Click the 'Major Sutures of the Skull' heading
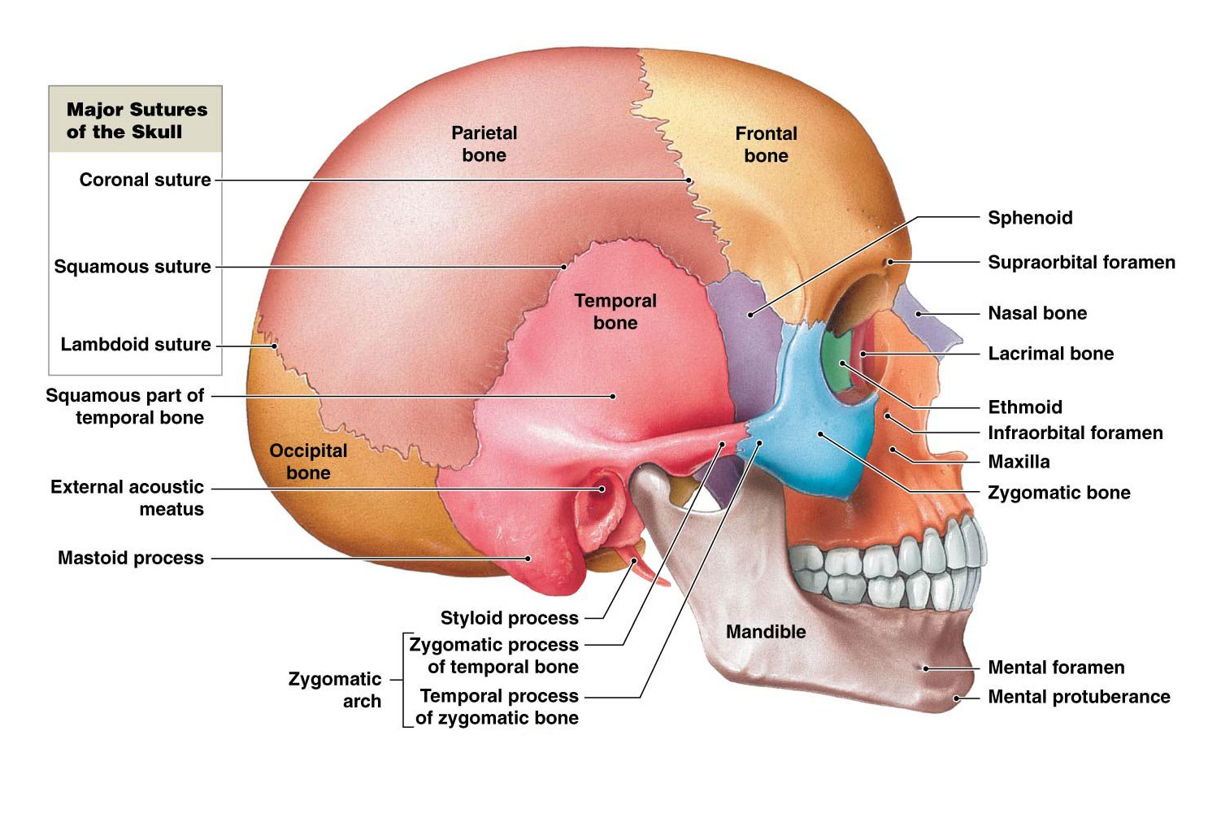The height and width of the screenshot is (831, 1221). pyautogui.click(x=137, y=120)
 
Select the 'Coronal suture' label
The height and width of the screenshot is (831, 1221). pyautogui.click(x=145, y=180)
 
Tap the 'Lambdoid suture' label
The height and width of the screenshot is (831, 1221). pyautogui.click(x=136, y=345)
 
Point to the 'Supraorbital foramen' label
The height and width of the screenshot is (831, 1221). pyautogui.click(x=1081, y=262)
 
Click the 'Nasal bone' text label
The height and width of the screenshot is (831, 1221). pyautogui.click(x=1037, y=313)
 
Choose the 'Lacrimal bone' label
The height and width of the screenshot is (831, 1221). pyautogui.click(x=1050, y=354)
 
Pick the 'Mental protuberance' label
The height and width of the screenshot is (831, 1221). pyautogui.click(x=1079, y=697)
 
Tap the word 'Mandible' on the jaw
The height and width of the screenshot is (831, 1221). pyautogui.click(x=766, y=632)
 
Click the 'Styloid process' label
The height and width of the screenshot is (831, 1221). pyautogui.click(x=509, y=618)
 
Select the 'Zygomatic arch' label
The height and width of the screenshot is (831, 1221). pyautogui.click(x=335, y=690)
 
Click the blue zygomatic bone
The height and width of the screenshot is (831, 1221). pyautogui.click(x=813, y=439)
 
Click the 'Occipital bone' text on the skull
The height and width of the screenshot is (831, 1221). pyautogui.click(x=308, y=462)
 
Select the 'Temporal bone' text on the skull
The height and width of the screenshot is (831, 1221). pyautogui.click(x=615, y=311)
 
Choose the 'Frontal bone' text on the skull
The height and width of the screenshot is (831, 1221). pyautogui.click(x=766, y=145)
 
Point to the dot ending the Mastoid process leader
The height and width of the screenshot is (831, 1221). pyautogui.click(x=528, y=559)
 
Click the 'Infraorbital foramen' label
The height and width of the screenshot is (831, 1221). pyautogui.click(x=1075, y=433)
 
